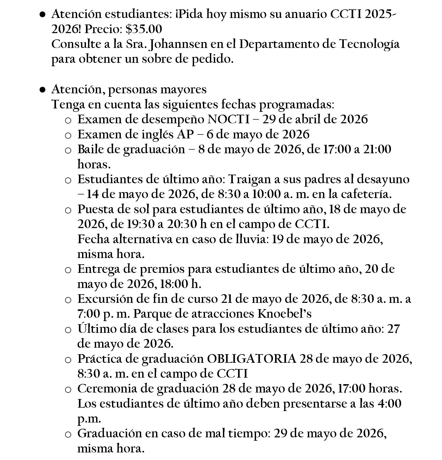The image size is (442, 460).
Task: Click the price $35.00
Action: pyautogui.click(x=144, y=29)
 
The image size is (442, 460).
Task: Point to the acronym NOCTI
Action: pyautogui.click(x=228, y=119)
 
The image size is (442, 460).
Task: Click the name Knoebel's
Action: pyautogui.click(x=284, y=314)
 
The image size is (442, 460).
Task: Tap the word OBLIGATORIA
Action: pyautogui.click(x=252, y=359)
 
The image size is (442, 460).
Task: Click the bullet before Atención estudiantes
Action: pyautogui.click(x=42, y=15)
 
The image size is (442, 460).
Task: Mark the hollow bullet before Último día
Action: pyautogui.click(x=68, y=330)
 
